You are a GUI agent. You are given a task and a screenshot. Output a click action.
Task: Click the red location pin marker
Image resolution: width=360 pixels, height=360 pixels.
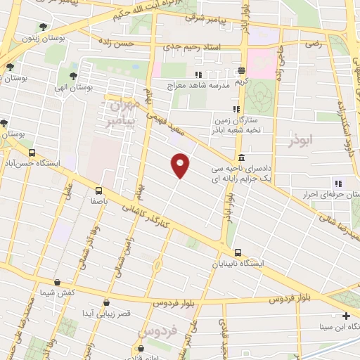(181, 165)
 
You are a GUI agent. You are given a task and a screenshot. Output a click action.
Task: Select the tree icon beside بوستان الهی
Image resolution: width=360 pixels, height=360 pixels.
(73, 75)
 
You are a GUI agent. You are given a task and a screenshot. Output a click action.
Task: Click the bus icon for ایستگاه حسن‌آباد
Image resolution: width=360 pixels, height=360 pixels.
(32, 153)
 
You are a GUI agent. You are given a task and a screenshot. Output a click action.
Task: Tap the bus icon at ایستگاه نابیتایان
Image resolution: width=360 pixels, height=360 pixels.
(238, 252)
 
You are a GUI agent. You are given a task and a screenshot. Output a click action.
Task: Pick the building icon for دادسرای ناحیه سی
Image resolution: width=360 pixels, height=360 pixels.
(241, 157)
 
